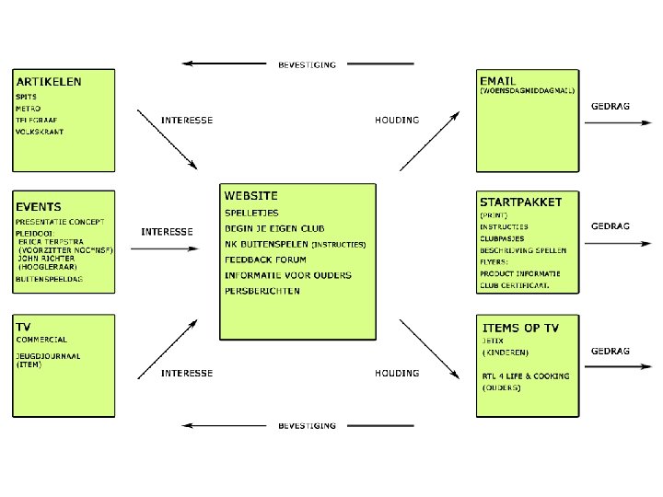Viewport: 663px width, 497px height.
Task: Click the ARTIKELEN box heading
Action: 48,81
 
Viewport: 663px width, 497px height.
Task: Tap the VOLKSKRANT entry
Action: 39,133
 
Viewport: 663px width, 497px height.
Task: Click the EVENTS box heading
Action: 38,207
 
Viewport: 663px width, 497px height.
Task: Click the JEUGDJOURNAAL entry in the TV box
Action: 47,355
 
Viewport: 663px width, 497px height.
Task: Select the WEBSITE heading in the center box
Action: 250,196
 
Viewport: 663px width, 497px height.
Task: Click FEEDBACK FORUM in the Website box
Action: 265,260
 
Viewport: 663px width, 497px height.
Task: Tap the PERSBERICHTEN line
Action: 262,291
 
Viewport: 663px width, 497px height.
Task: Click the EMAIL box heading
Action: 498,80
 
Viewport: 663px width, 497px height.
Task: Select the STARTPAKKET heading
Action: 520,201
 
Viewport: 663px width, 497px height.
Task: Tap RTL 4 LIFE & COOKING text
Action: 525,376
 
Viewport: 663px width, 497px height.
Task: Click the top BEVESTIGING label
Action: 307,64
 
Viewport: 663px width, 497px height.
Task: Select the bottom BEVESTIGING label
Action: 307,426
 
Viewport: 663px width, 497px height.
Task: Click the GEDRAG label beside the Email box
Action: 610,107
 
